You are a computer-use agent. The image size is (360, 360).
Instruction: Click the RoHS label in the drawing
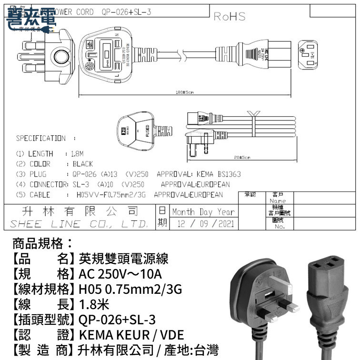pos(230,17)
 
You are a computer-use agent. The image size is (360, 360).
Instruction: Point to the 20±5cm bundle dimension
pos(242,157)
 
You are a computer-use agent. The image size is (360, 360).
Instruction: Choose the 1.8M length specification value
pos(77,154)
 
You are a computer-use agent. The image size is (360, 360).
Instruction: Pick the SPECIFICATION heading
pos(41,139)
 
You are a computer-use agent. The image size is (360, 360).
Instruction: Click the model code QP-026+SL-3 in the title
pos(126,12)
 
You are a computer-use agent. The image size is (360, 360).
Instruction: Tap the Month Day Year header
pos(203,212)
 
